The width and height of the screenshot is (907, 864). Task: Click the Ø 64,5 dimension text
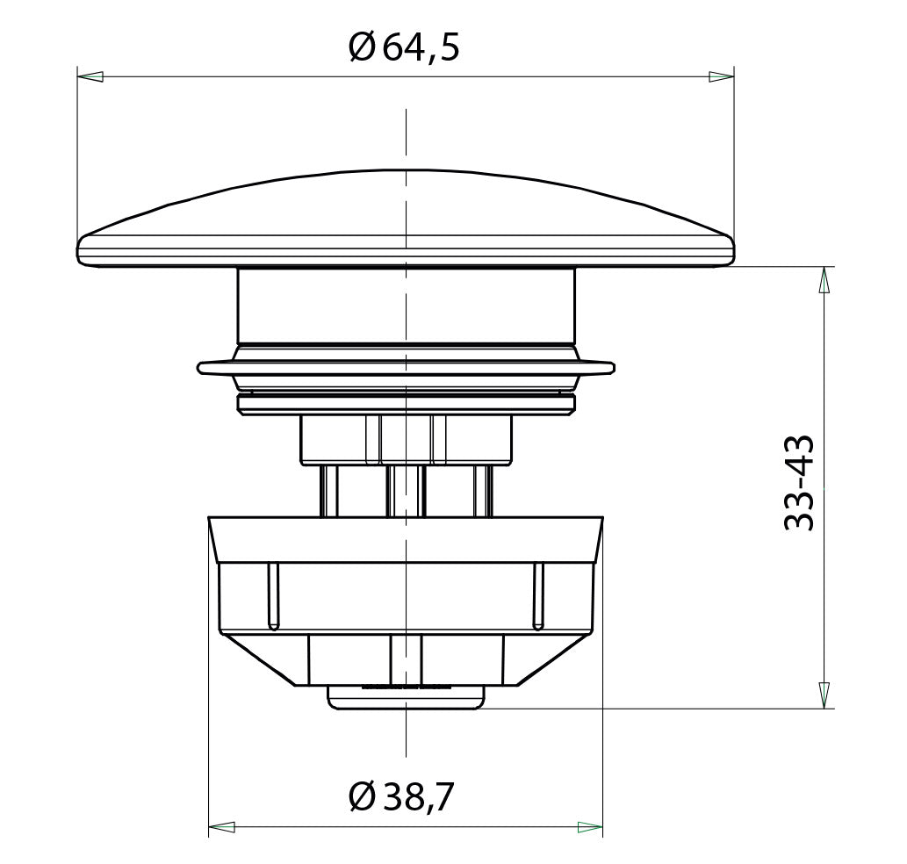click(x=404, y=47)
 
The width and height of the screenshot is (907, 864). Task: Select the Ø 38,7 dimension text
click(x=401, y=796)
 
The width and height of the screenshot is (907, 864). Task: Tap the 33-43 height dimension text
click(x=799, y=483)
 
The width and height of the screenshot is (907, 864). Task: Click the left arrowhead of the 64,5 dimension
click(x=90, y=76)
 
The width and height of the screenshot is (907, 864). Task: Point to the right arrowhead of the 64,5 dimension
click(x=722, y=76)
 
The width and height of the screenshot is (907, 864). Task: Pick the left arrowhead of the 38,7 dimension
click(x=221, y=827)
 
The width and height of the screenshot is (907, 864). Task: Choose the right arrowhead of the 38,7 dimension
click(x=590, y=827)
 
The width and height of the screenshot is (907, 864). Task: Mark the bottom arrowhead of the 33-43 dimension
click(x=824, y=695)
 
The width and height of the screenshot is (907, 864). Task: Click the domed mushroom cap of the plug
click(x=405, y=220)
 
